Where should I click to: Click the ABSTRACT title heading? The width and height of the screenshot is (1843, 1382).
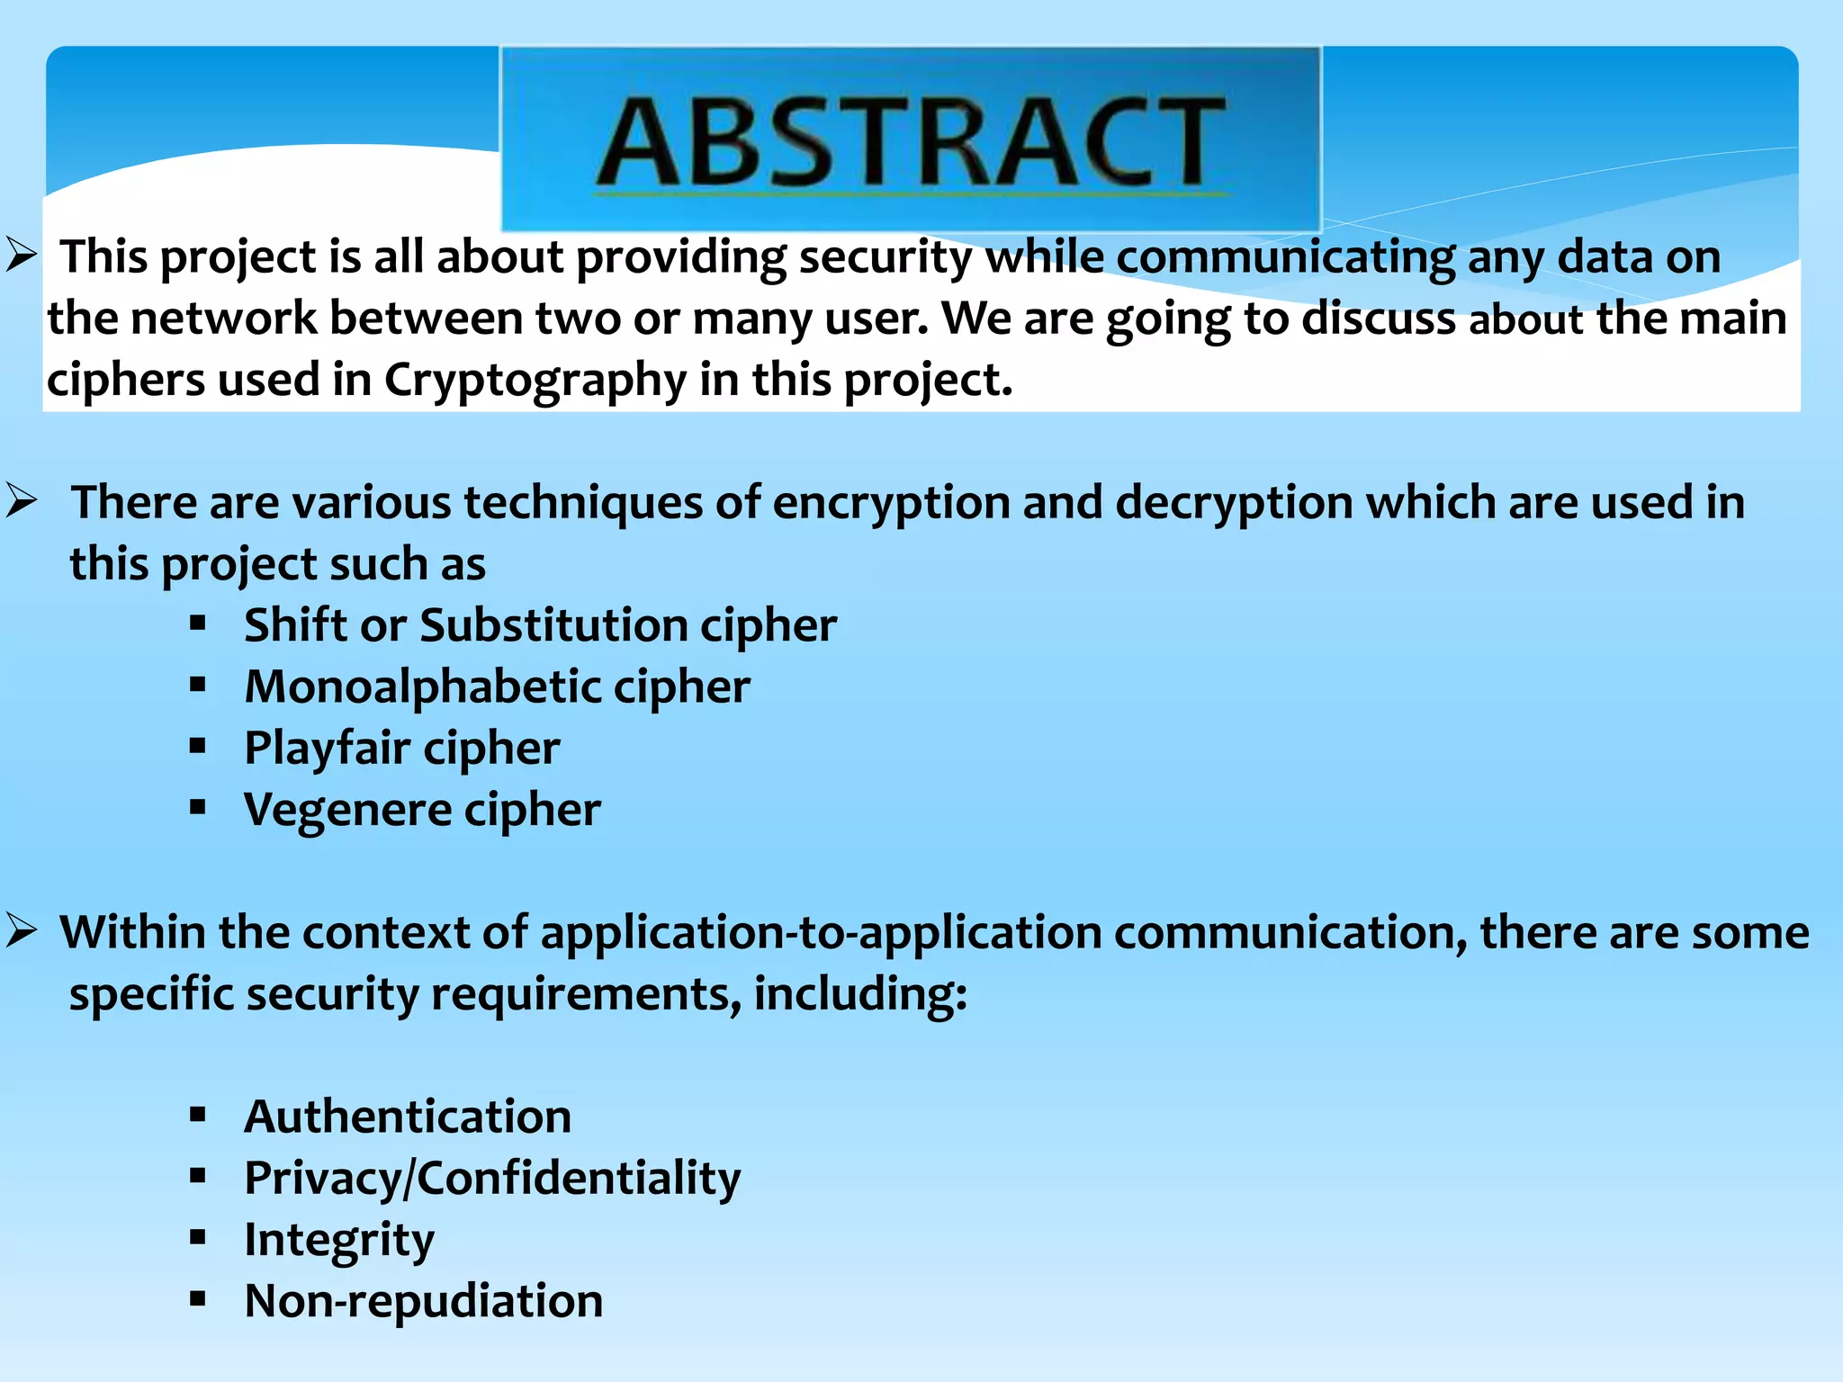coord(911,142)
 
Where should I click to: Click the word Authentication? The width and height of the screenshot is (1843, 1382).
coord(408,1117)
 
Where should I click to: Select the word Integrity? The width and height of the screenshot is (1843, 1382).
coord(339,1241)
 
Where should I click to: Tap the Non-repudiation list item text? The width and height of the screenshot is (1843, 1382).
coord(424,1302)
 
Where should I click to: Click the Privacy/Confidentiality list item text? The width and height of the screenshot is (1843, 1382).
coord(492,1179)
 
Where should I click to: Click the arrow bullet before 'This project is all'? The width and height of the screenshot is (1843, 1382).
coord(21,256)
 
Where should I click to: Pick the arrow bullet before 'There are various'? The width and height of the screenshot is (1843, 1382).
coord(21,501)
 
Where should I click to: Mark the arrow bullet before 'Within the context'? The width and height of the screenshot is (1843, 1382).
coord(21,931)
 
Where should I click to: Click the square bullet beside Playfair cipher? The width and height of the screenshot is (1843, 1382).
coord(198,746)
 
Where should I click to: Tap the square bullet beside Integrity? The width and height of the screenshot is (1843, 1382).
coord(198,1238)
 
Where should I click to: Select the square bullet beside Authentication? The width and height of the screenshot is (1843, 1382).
coord(198,1116)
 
